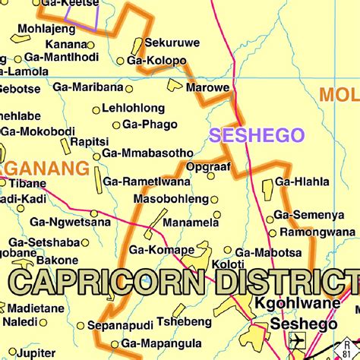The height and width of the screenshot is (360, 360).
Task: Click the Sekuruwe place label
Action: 169,43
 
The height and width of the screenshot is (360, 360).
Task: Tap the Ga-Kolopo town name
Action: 156,61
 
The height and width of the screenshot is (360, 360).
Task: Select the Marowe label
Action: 209,88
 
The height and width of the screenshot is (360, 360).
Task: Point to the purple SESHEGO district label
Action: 257,135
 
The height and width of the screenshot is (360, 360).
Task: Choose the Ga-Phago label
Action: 150,124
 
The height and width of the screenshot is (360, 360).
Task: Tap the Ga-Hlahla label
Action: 302,182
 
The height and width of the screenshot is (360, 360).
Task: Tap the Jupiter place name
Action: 35,353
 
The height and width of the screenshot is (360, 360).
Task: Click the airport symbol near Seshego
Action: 296,339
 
